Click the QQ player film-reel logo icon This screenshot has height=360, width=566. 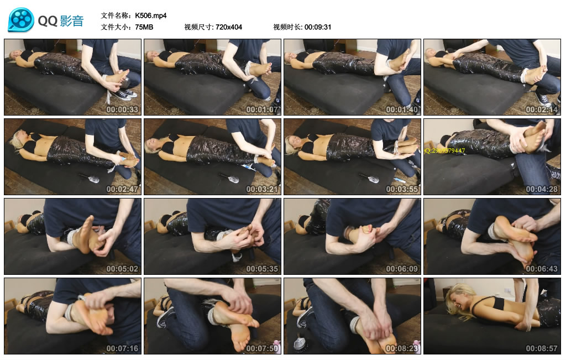click(x=21, y=20)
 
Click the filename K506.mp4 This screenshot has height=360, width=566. click(x=151, y=15)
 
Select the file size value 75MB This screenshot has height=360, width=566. click(x=144, y=27)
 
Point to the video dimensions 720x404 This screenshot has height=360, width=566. click(x=229, y=27)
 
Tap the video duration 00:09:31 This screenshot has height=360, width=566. click(x=318, y=27)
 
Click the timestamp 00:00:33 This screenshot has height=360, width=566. click(x=122, y=109)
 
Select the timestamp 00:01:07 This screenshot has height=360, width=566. click(x=262, y=109)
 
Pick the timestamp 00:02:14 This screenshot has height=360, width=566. click(x=542, y=109)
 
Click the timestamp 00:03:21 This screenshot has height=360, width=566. click(x=262, y=189)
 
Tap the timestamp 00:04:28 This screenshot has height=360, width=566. click(x=542, y=189)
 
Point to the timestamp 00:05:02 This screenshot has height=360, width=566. click(x=122, y=269)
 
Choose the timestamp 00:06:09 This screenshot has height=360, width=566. click(x=402, y=269)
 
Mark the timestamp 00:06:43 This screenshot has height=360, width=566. click(x=542, y=269)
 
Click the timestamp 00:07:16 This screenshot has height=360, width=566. click(x=122, y=348)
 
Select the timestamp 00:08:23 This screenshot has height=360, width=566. click(x=402, y=348)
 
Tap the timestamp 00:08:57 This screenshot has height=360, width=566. click(x=542, y=348)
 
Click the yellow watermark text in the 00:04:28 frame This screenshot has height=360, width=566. click(x=445, y=150)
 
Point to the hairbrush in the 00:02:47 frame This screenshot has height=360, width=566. click(x=89, y=178)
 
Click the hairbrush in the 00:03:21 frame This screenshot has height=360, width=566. click(x=229, y=178)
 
